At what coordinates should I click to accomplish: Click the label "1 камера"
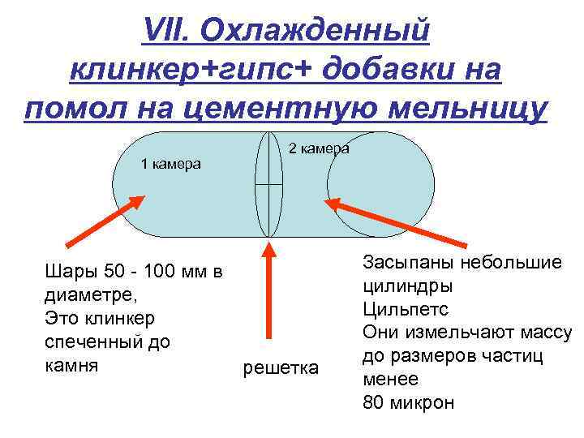170,164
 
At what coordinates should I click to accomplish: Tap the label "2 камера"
320,148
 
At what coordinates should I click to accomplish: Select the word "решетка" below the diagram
281,369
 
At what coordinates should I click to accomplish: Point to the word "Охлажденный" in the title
316,32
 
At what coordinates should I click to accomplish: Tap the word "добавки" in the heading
389,71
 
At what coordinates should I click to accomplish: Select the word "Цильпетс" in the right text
406,309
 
